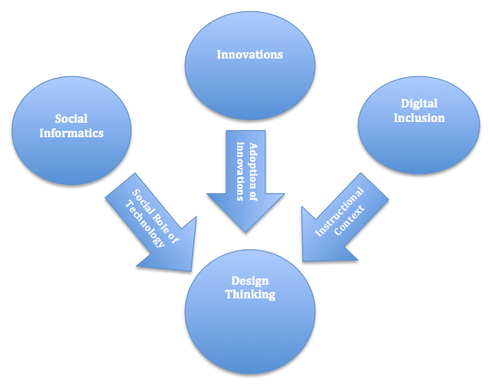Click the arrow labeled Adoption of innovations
coord(245,180)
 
